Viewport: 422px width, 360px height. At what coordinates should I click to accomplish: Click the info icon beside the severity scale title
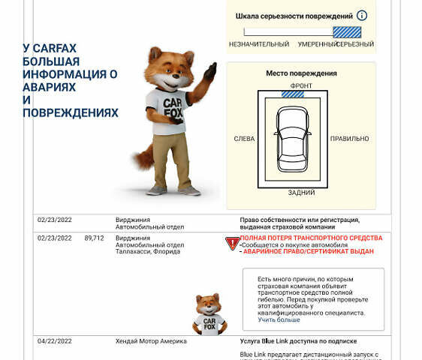pyautogui.click(x=362, y=16)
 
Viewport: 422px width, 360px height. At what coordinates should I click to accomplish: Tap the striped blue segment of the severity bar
pyautogui.click(x=347, y=31)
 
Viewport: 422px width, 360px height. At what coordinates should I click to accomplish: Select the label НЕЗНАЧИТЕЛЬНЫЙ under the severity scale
pyautogui.click(x=259, y=44)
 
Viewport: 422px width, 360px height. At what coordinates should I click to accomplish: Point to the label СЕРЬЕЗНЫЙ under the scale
pyautogui.click(x=356, y=44)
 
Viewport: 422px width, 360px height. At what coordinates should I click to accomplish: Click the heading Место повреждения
pyautogui.click(x=301, y=73)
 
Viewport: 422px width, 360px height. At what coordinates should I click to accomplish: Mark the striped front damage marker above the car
pyautogui.click(x=292, y=94)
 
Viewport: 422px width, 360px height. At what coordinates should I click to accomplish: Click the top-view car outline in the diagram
pyautogui.click(x=293, y=139)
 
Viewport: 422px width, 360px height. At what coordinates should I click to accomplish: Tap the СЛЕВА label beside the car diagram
pyautogui.click(x=244, y=139)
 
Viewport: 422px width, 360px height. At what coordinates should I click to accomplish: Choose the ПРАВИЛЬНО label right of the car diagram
pyautogui.click(x=350, y=139)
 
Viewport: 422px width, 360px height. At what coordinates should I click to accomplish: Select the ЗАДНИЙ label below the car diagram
pyautogui.click(x=301, y=193)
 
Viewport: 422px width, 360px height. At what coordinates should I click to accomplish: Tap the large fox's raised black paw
pyautogui.click(x=211, y=73)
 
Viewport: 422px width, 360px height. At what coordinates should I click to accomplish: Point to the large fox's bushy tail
pyautogui.click(x=142, y=157)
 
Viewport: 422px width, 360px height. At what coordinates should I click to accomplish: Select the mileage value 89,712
pyautogui.click(x=94, y=238)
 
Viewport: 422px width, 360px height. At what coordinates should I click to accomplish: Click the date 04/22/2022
pyautogui.click(x=54, y=340)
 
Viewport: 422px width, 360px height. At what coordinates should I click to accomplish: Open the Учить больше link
pyautogui.click(x=279, y=320)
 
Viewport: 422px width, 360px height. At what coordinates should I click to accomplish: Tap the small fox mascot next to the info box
pyautogui.click(x=209, y=314)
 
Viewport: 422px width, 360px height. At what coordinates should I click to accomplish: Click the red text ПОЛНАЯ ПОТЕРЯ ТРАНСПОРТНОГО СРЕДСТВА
pyautogui.click(x=311, y=238)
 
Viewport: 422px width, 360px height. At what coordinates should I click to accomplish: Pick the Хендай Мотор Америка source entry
pyautogui.click(x=151, y=340)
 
